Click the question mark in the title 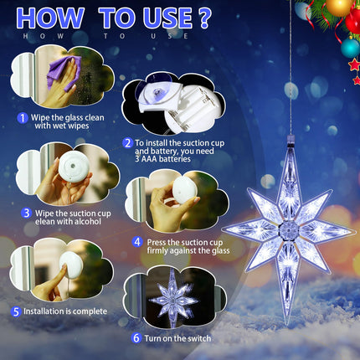(x=205, y=18)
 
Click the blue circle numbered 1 (x=23, y=118)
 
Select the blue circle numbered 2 (x=127, y=143)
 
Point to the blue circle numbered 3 (x=26, y=213)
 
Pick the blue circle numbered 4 (x=137, y=242)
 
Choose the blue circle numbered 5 (x=16, y=311)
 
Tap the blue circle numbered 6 (x=136, y=338)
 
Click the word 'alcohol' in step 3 (x=86, y=222)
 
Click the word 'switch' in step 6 (x=198, y=338)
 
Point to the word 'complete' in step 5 (x=90, y=311)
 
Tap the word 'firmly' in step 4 (x=157, y=250)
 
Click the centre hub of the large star (x=289, y=230)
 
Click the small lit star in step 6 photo (x=174, y=298)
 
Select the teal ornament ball (x=351, y=48)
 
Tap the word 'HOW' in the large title (x=50, y=18)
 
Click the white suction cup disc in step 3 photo (x=74, y=167)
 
